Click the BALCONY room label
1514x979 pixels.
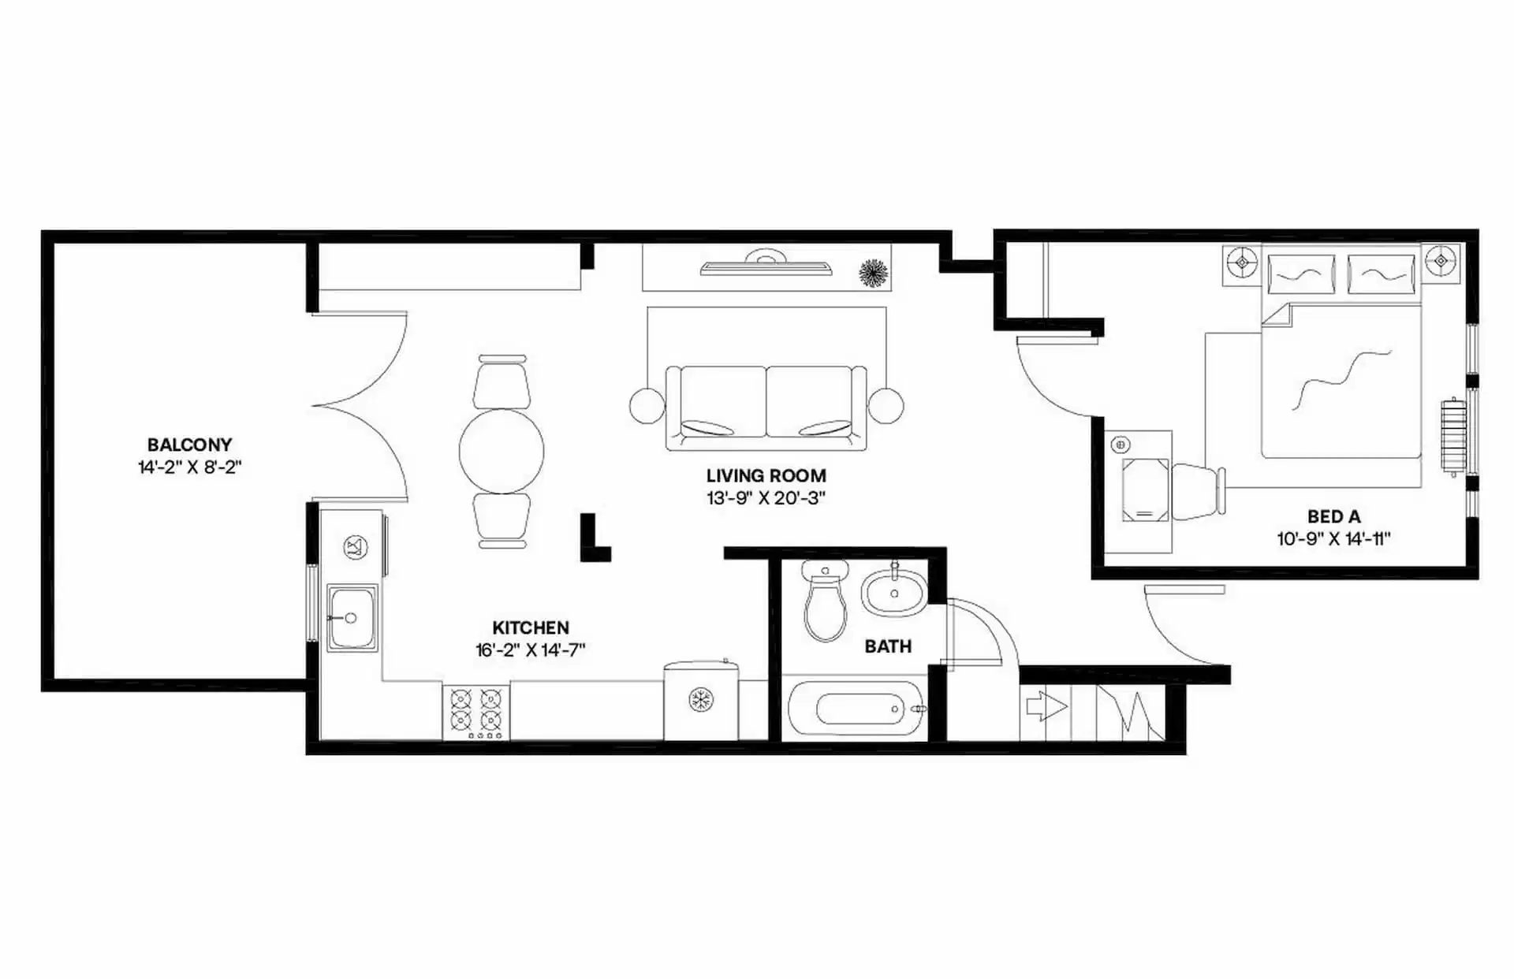[189, 445]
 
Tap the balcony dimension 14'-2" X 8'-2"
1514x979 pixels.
[189, 467]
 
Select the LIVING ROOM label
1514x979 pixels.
[766, 475]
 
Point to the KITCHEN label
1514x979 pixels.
[530, 627]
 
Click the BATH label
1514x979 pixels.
[888, 646]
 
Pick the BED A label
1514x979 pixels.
[1333, 517]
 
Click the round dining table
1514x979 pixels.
[502, 451]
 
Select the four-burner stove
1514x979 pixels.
[476, 713]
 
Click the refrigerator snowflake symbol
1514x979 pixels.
[700, 699]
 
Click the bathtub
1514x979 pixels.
[858, 709]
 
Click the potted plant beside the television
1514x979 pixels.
[873, 273]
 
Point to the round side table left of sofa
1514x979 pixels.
[647, 406]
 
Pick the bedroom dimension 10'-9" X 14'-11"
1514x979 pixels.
[1333, 539]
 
